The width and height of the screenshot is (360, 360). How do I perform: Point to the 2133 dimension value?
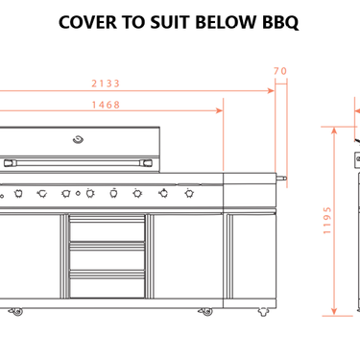107,83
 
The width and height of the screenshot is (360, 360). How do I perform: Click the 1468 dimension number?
107,105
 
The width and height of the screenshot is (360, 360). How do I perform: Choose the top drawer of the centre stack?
107,231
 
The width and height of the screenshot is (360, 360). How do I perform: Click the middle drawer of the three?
107,257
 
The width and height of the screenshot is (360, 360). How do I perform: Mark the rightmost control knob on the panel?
186,193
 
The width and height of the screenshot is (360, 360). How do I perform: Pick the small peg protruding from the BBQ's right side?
282,179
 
